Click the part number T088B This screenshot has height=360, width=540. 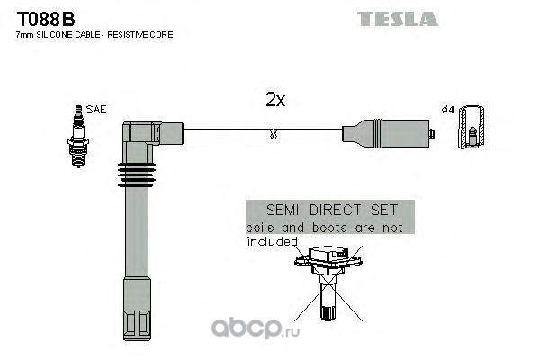(x=46, y=19)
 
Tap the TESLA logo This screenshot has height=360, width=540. (x=398, y=19)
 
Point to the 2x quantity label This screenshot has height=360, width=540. (x=275, y=100)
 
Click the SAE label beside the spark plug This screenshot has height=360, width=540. (x=96, y=110)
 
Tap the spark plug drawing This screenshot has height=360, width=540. (x=78, y=137)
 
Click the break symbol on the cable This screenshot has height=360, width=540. (x=273, y=134)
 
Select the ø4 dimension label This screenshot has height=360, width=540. (x=448, y=110)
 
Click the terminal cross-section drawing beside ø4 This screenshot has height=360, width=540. (x=471, y=127)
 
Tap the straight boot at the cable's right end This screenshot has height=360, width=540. (x=386, y=133)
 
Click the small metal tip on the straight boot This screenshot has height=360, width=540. (x=432, y=133)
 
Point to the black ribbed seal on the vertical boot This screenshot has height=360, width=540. (x=137, y=175)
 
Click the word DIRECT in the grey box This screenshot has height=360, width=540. (x=336, y=210)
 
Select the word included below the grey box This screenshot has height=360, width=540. (x=272, y=242)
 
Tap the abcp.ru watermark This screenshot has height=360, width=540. (x=256, y=328)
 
